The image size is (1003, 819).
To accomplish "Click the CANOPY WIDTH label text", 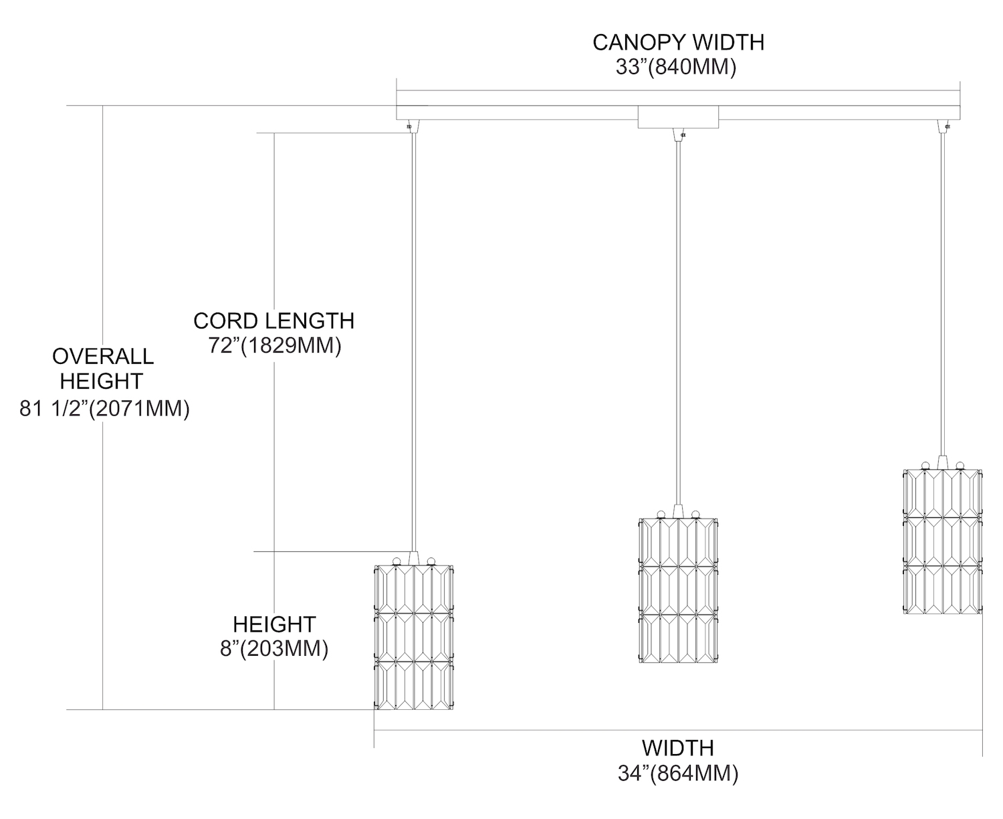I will (x=678, y=42).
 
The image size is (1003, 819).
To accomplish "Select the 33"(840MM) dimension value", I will (x=676, y=68).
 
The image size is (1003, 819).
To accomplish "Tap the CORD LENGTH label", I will (x=273, y=321).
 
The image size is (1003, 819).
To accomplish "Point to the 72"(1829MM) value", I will (x=275, y=346).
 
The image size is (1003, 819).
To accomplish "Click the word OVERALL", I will (x=102, y=356).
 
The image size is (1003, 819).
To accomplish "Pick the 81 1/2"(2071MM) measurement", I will (x=104, y=408).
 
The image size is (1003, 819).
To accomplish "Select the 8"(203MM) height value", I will (x=274, y=649).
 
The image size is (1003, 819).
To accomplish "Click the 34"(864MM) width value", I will (x=678, y=773).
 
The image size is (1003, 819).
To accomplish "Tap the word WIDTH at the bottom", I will (x=678, y=747).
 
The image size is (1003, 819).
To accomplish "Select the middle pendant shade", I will (x=678, y=590).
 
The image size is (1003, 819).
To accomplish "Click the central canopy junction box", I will (x=678, y=116).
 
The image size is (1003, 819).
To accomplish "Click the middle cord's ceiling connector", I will (x=678, y=134).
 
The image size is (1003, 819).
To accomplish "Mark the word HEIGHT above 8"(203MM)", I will (x=274, y=624).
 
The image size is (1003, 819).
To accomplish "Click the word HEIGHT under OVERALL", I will (x=102, y=381).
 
